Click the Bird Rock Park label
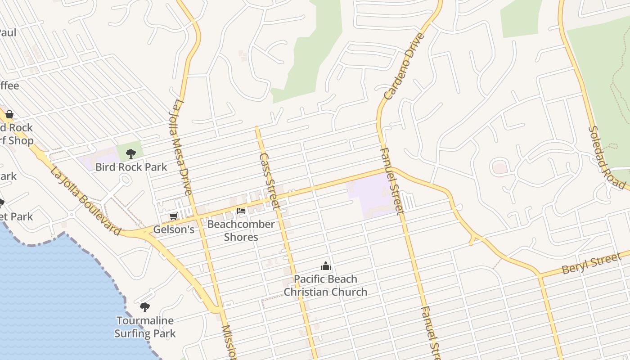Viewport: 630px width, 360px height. click(x=131, y=167)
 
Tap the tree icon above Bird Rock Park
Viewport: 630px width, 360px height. click(x=131, y=154)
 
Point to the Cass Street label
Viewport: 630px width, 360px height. click(x=270, y=181)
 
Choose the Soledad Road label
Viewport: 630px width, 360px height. click(x=606, y=157)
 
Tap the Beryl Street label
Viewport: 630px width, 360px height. click(x=591, y=264)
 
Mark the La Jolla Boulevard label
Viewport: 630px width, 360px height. click(x=85, y=201)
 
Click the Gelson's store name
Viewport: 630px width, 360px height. click(x=174, y=229)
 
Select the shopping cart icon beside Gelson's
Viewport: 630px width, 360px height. click(x=173, y=216)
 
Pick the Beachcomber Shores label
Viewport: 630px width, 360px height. click(x=241, y=230)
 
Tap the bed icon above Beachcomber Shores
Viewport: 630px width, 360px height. click(x=241, y=211)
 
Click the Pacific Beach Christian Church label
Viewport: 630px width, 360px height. click(x=325, y=285)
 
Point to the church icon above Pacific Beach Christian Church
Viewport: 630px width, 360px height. click(x=326, y=266)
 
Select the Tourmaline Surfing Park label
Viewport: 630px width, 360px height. click(x=145, y=327)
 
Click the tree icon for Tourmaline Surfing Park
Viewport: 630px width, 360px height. click(x=144, y=307)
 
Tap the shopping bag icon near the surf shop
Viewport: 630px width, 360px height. click(x=9, y=114)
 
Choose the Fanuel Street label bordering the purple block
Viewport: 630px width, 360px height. click(x=391, y=180)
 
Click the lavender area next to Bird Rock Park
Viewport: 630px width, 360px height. click(x=97, y=157)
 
